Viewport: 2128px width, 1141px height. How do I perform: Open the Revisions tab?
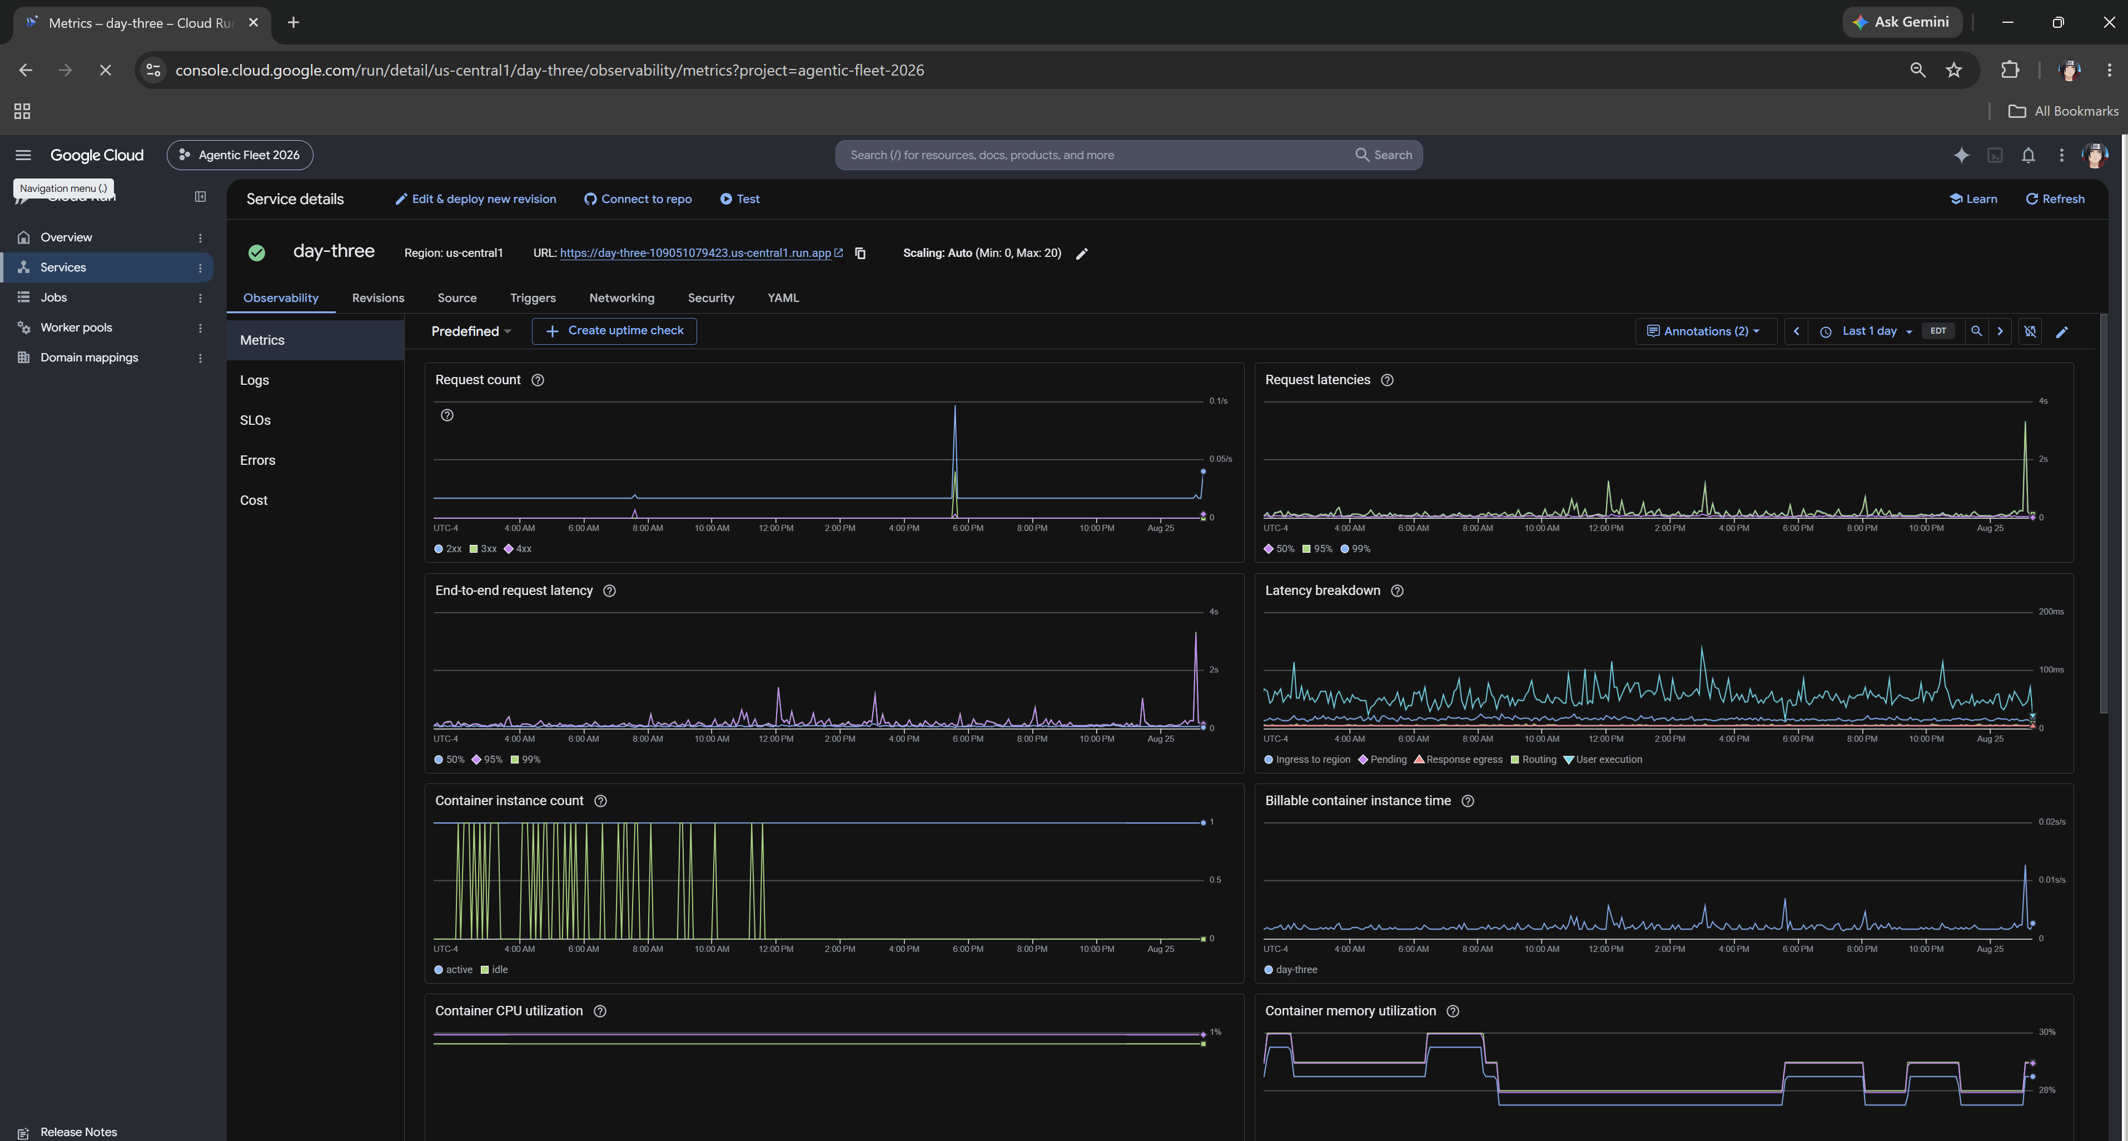[377, 298]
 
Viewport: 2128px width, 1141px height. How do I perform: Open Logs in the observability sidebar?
[255, 380]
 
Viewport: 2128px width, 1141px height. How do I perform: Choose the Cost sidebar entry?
[253, 500]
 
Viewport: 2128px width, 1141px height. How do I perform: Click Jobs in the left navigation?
[54, 297]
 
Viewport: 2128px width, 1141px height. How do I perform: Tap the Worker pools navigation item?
[76, 327]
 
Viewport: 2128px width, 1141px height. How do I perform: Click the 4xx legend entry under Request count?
[518, 549]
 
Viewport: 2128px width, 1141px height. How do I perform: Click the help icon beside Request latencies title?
[1387, 380]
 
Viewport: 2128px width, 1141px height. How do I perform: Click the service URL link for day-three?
[695, 253]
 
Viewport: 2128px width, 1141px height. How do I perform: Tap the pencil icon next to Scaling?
[1082, 254]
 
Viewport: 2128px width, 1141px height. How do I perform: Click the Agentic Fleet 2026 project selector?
[240, 155]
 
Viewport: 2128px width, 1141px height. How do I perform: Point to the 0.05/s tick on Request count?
[1220, 459]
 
